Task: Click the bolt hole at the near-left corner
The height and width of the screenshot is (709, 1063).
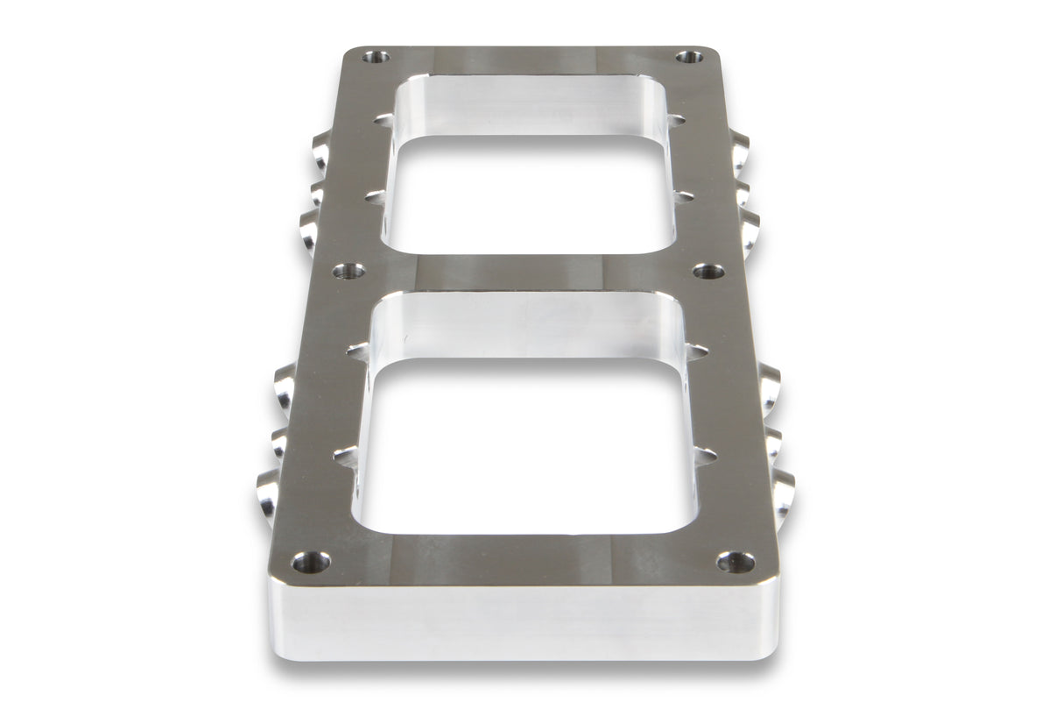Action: click(x=311, y=562)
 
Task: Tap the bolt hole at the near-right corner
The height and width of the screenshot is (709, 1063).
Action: click(x=736, y=562)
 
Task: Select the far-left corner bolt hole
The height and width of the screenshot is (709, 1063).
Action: click(x=377, y=57)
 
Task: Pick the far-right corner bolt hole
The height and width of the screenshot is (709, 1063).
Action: click(x=689, y=57)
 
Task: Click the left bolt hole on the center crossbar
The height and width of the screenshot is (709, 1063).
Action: click(x=348, y=271)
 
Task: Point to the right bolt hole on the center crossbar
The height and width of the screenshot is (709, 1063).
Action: click(x=708, y=271)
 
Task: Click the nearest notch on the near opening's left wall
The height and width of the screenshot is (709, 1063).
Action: click(x=346, y=457)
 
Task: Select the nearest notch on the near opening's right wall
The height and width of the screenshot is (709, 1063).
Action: click(x=704, y=456)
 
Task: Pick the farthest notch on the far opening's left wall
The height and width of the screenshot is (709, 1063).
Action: click(x=384, y=119)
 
